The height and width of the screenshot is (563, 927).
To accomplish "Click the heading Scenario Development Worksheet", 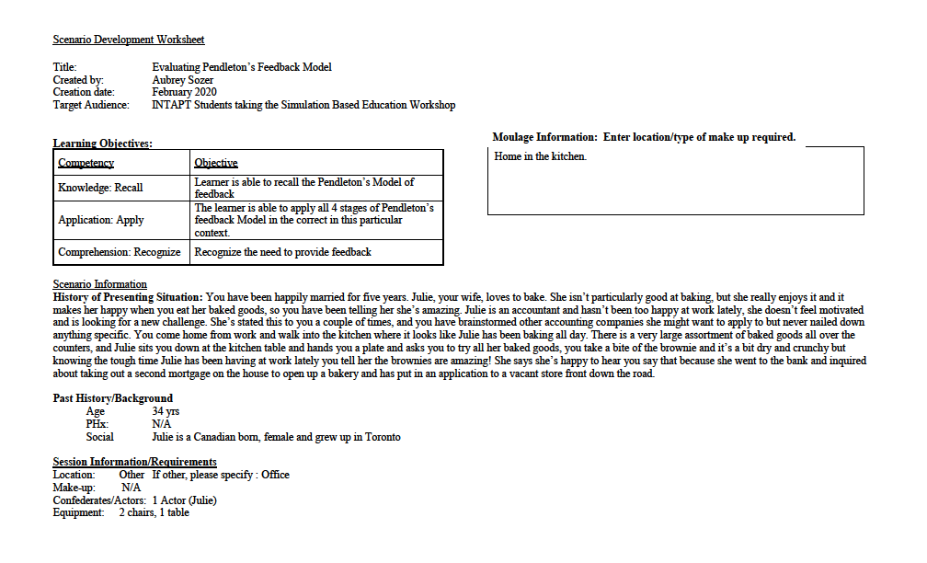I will (128, 40).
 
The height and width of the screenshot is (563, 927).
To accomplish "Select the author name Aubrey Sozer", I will (184, 80).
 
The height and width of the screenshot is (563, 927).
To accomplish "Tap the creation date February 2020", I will (184, 92).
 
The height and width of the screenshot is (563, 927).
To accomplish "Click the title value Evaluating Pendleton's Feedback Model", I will (241, 67).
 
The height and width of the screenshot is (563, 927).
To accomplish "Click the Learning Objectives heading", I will (102, 144).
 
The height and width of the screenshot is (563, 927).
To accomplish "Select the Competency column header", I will (86, 163).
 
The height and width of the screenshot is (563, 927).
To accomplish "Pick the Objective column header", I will (216, 163).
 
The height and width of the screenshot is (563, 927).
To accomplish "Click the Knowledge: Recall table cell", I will (100, 188).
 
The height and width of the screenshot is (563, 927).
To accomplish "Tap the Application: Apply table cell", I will (101, 221).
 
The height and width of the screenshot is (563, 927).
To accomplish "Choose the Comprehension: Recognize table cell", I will (120, 252).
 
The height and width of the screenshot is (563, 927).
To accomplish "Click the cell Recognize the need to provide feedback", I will (282, 252).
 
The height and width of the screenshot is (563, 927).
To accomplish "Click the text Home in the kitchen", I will (540, 157).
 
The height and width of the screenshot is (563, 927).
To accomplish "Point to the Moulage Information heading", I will (644, 137).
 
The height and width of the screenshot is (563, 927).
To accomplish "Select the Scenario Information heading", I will (99, 284).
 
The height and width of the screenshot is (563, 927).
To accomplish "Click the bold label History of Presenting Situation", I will (128, 297).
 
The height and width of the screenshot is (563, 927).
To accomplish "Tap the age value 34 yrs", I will (165, 411).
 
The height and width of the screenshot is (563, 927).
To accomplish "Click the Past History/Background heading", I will (112, 398).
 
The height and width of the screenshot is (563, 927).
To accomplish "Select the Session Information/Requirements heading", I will (134, 462).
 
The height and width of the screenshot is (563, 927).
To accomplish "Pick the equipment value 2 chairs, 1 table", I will (154, 512).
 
